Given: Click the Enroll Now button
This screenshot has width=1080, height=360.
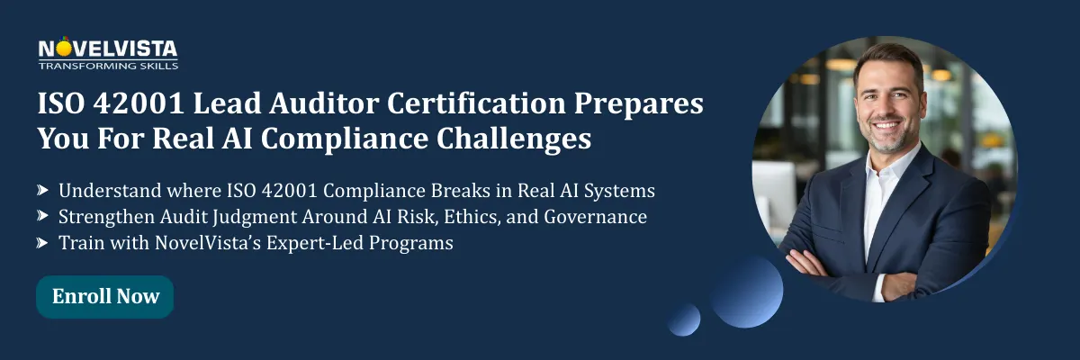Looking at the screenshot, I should pyautogui.click(x=105, y=296).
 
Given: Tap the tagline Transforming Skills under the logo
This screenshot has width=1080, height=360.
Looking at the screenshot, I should pyautogui.click(x=108, y=66).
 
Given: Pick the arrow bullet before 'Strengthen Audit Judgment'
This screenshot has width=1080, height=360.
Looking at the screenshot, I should pyautogui.click(x=42, y=216).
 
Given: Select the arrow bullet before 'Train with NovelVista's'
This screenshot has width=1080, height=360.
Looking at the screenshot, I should pyautogui.click(x=42, y=242).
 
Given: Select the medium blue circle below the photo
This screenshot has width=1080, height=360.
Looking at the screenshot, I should pyautogui.click(x=746, y=290).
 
